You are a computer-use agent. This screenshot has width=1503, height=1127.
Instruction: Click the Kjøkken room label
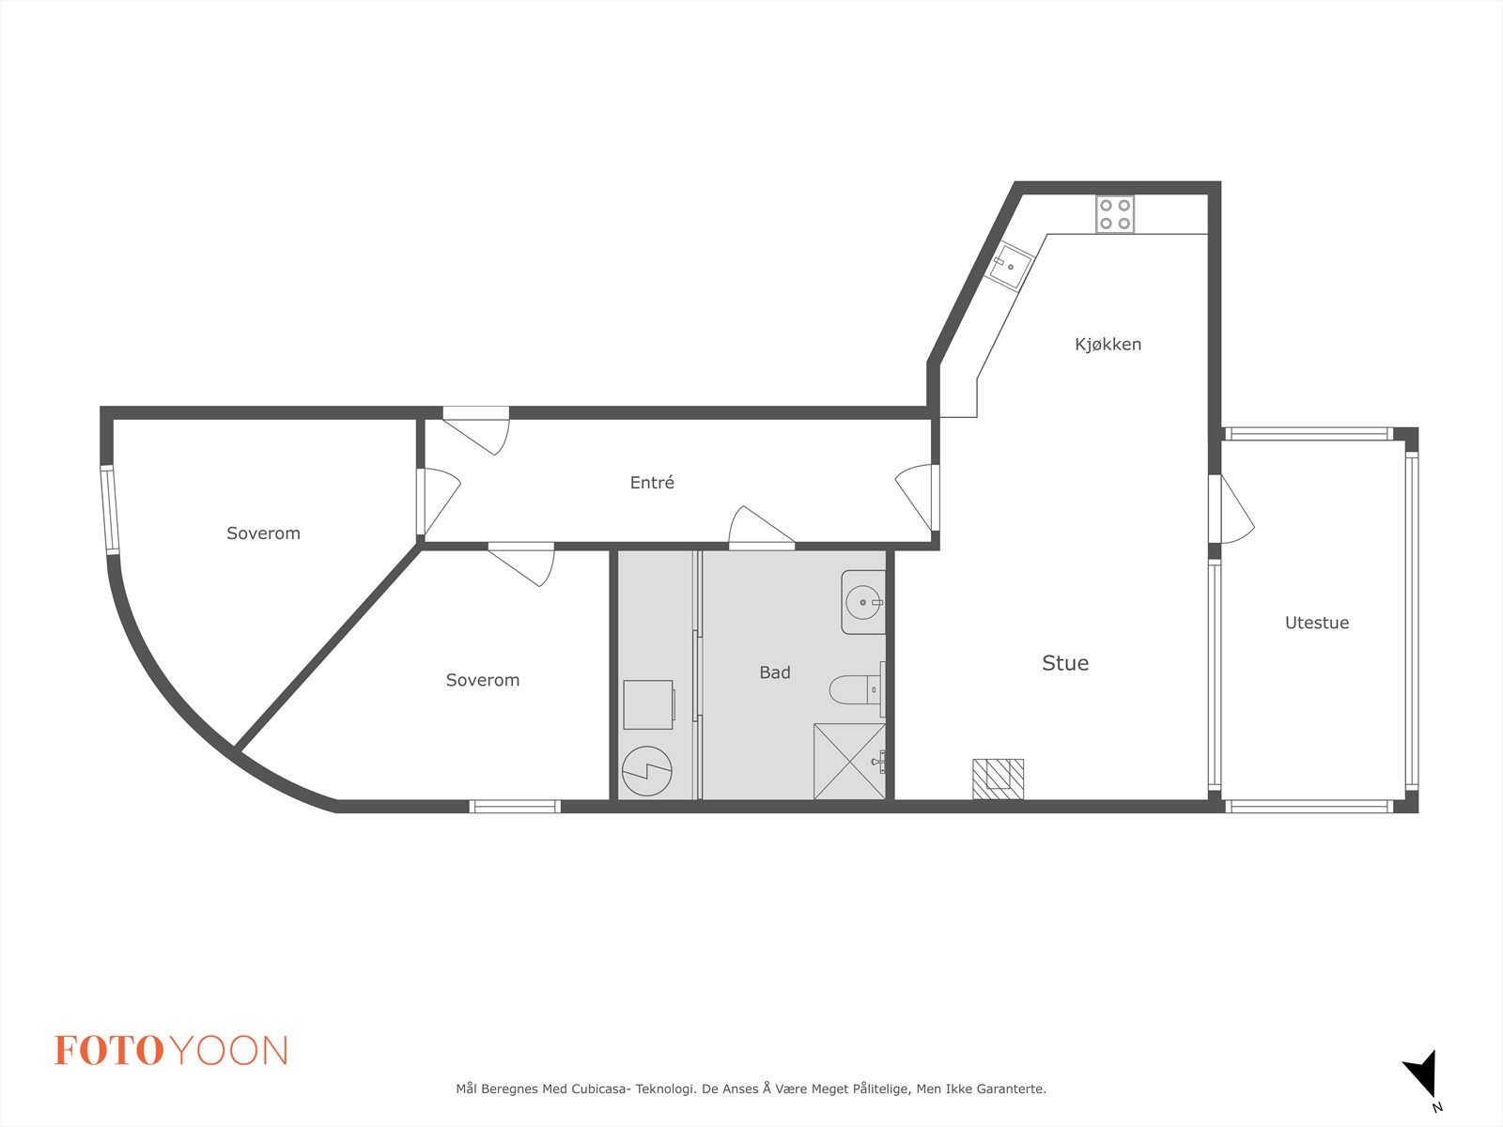[1108, 344]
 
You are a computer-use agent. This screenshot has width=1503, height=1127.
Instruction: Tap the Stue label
[1065, 662]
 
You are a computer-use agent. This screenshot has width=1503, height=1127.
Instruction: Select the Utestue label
[1317, 623]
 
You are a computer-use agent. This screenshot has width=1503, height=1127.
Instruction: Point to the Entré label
[652, 483]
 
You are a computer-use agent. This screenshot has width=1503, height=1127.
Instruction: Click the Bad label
[775, 672]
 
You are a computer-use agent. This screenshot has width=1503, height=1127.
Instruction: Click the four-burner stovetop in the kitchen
[1115, 214]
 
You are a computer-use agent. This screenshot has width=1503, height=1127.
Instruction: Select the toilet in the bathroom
[858, 689]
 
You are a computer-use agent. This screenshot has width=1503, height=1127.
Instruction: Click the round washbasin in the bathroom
[863, 602]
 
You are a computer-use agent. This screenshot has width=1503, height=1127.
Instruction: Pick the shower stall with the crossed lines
[849, 761]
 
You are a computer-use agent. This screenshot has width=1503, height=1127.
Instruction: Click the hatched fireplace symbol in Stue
[999, 779]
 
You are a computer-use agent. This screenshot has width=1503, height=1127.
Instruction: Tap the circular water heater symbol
[647, 770]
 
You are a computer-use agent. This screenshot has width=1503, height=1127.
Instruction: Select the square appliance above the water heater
[648, 704]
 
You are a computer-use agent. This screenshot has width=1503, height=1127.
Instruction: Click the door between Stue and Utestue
[1232, 510]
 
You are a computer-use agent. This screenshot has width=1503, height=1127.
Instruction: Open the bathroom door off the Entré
[762, 528]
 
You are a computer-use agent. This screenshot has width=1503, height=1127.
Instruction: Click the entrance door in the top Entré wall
[476, 430]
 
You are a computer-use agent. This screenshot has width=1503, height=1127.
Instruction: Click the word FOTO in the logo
[110, 1050]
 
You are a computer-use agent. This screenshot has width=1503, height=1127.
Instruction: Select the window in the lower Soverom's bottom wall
[515, 807]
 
